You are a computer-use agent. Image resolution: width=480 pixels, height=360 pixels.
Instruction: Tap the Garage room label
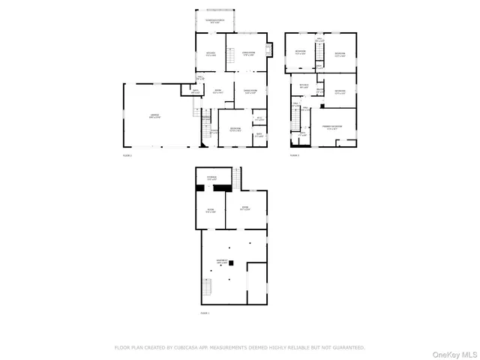[x=154, y=115]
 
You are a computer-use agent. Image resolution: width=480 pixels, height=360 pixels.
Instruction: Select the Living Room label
[x=247, y=53]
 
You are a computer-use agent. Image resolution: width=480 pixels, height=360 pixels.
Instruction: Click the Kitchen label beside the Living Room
[x=211, y=53]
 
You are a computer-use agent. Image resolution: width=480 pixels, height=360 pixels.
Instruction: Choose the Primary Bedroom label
[x=333, y=127]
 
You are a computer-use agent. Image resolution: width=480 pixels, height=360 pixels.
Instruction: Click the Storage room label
[x=211, y=178]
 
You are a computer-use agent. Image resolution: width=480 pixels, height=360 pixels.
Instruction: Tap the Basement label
[x=222, y=262]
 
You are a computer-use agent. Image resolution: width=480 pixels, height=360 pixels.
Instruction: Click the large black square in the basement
[x=232, y=262]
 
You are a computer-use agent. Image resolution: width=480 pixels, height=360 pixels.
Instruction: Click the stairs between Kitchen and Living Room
[x=230, y=55]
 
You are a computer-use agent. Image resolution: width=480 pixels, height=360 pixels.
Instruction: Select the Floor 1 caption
[x=205, y=313]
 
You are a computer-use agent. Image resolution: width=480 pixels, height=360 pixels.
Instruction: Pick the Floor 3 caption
[x=295, y=155]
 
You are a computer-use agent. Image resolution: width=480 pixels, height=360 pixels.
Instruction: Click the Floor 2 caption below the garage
[x=127, y=155]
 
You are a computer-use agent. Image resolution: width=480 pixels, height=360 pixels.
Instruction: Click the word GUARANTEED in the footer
[x=348, y=348]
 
